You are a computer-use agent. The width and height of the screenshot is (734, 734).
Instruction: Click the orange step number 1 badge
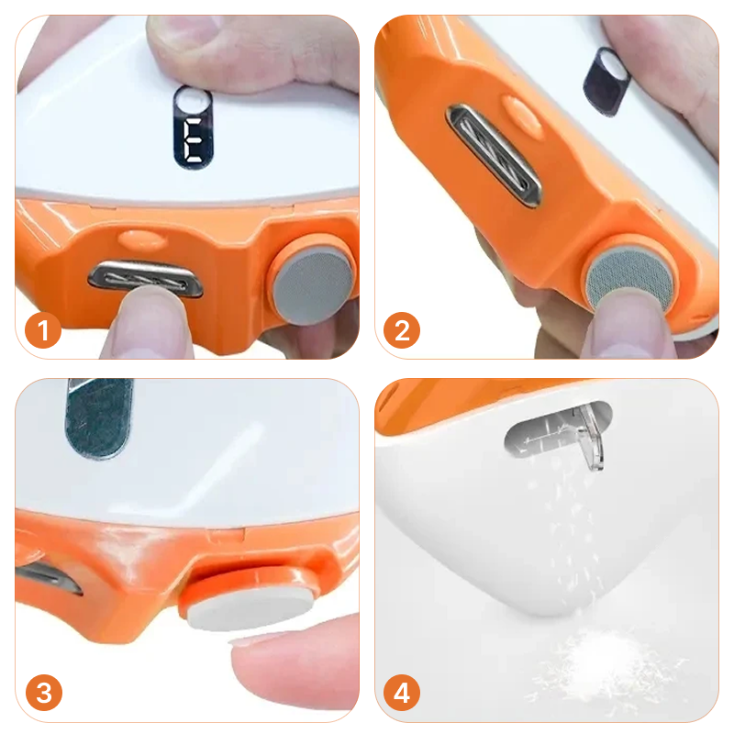tap(43, 329)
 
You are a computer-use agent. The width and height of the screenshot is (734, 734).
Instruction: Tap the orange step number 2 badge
tap(402, 330)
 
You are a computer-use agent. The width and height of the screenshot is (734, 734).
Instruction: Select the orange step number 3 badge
tap(43, 693)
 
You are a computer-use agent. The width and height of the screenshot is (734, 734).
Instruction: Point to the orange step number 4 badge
tap(402, 693)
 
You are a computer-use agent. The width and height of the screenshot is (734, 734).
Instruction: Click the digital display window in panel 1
tap(193, 128)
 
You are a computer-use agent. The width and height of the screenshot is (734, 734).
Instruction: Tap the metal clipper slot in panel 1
tap(146, 280)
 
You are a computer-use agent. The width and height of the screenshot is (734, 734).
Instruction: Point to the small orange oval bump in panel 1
tap(142, 239)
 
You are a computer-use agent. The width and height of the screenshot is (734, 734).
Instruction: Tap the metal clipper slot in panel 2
tap(494, 155)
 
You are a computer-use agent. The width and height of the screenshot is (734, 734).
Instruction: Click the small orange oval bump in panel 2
tap(522, 112)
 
